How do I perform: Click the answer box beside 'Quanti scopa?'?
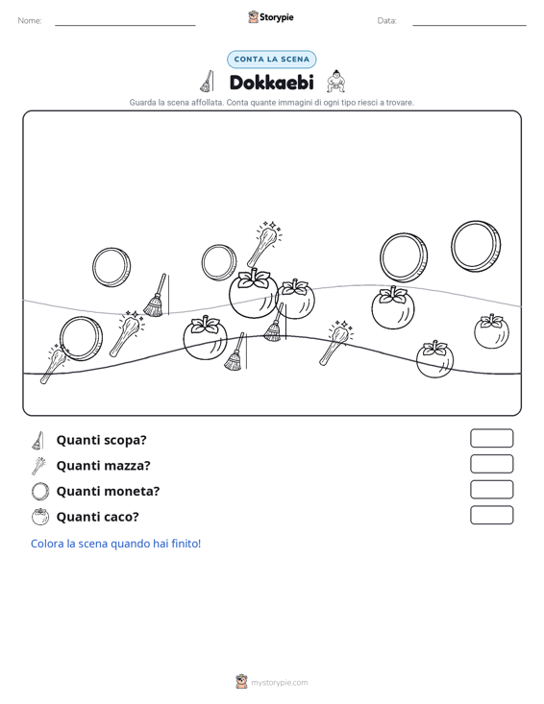pos(491,438)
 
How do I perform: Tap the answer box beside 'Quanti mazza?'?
pos(491,464)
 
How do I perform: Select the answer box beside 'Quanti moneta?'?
pos(491,490)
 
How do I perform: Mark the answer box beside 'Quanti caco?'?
pos(491,515)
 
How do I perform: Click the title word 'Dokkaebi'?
pos(271,83)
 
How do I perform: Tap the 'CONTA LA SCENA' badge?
pos(271,60)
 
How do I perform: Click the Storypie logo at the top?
pos(271,17)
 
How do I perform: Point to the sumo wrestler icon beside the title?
pos(336,82)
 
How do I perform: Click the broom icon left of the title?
pos(207,82)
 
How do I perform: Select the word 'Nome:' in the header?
pos(30,21)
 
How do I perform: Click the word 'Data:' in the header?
pos(386,21)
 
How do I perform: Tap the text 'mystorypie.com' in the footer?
pos(280,683)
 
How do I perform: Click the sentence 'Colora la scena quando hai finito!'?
pos(116,544)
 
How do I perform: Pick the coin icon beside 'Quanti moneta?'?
pos(40,491)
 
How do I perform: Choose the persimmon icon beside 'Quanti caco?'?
pos(40,517)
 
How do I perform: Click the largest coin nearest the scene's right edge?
pos(476,246)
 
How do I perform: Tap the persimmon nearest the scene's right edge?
pos(491,331)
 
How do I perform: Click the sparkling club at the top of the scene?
pos(264,243)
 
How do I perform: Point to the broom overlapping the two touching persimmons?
pos(275,323)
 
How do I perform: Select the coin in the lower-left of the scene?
pos(82,338)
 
